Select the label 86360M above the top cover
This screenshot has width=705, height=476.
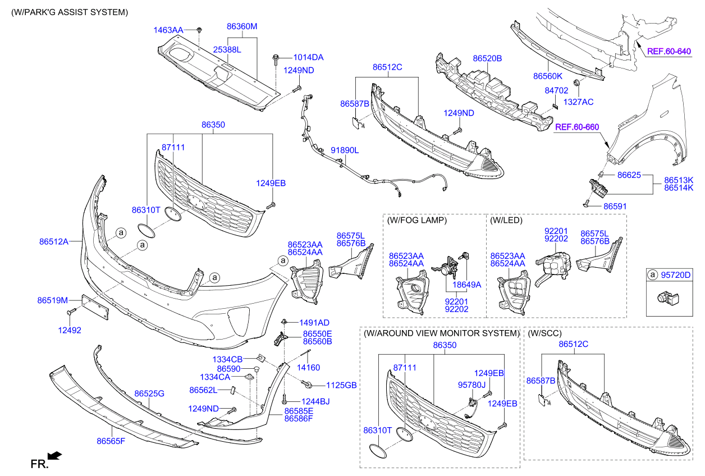pyautogui.click(x=242, y=26)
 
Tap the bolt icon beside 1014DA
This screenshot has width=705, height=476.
pyautogui.click(x=276, y=57)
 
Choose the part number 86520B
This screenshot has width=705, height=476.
pyautogui.click(x=487, y=58)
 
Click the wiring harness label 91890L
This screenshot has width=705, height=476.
pyautogui.click(x=344, y=150)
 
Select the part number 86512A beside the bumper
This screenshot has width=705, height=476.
pyautogui.click(x=53, y=242)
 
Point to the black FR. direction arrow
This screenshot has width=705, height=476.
pyautogui.click(x=55, y=456)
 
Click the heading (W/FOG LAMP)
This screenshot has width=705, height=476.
pyautogui.click(x=416, y=221)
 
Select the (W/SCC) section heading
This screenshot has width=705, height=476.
pyautogui.click(x=544, y=333)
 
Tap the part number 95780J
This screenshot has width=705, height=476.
pyautogui.click(x=473, y=385)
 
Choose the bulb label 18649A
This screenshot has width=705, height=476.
pyautogui.click(x=467, y=285)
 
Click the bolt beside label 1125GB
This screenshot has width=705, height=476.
pyautogui.click(x=308, y=385)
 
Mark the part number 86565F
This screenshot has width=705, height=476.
pyautogui.click(x=111, y=441)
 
